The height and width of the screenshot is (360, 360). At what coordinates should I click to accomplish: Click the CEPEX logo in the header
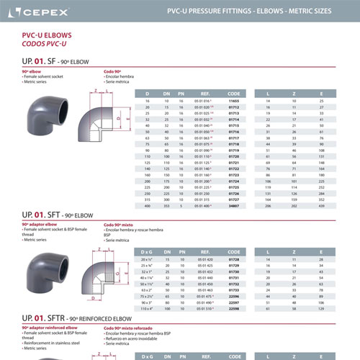pos(43,12)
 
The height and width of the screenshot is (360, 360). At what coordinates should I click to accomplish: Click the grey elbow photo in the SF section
pos(44,117)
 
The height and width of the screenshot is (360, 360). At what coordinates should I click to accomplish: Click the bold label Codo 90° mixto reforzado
pos(130,328)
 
